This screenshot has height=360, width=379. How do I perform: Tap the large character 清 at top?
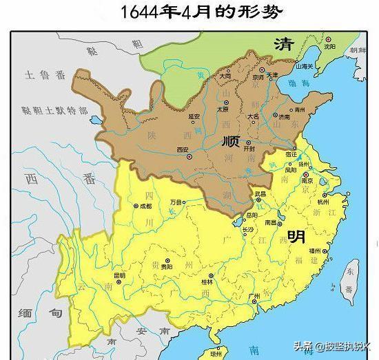tap(284, 45)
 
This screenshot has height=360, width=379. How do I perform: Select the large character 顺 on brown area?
tap(231, 142)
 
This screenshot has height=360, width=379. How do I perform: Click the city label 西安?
tap(183, 149)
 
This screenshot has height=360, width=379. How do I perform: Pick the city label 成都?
tap(144, 205)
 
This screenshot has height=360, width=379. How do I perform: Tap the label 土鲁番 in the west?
tap(45, 72)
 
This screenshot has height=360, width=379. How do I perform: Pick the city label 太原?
tap(223, 109)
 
